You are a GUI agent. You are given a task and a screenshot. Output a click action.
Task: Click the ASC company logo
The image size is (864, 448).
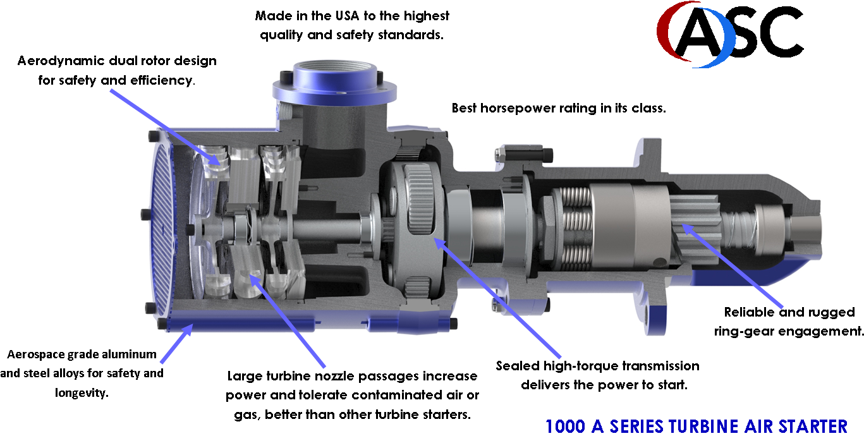pyautogui.click(x=730, y=34)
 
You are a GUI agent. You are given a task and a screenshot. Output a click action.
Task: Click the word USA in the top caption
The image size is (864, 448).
pyautogui.click(x=347, y=16)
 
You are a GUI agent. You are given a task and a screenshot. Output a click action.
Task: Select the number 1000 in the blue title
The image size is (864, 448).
pyautogui.click(x=565, y=427)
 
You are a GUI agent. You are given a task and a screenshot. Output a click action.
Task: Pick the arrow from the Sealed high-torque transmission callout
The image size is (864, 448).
pyautogui.click(x=497, y=298)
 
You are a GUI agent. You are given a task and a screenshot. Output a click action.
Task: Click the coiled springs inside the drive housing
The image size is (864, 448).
pyautogui.click(x=576, y=228)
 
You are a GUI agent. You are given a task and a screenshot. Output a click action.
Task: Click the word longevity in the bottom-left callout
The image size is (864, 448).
pyautogui.click(x=82, y=393)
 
